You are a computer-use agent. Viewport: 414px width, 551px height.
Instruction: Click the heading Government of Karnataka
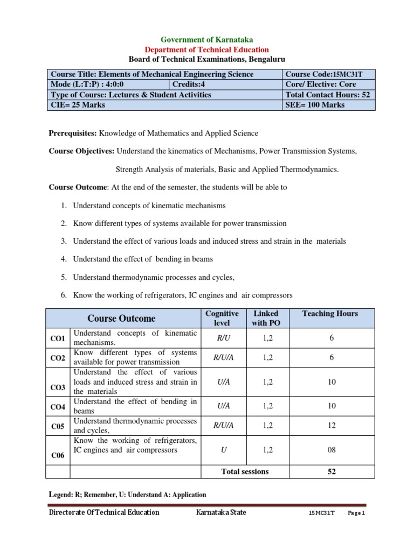pyautogui.click(x=207, y=40)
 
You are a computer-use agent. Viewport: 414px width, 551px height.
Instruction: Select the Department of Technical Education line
pyautogui.click(x=207, y=50)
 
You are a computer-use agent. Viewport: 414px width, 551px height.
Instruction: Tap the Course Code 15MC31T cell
pyautogui.click(x=328, y=74)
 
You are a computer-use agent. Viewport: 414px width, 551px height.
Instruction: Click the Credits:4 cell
pyautogui.click(x=225, y=84)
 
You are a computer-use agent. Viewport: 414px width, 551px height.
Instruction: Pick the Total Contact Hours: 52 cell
pyautogui.click(x=328, y=95)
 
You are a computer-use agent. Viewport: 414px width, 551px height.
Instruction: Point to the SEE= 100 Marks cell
pyautogui.click(x=328, y=105)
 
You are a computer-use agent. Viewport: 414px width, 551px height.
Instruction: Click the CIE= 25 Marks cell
pyautogui.click(x=164, y=105)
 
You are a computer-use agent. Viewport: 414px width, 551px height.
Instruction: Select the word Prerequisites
pyautogui.click(x=72, y=133)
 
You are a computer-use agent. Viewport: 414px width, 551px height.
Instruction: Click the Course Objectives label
pyautogui.click(x=82, y=152)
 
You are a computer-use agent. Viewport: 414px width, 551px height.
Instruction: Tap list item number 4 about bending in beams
pyautogui.click(x=142, y=259)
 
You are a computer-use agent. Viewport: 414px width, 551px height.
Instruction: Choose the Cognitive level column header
pyautogui.click(x=222, y=318)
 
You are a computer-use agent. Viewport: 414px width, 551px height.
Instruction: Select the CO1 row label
pyautogui.click(x=58, y=338)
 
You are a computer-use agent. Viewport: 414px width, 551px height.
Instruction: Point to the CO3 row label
pyautogui.click(x=58, y=387)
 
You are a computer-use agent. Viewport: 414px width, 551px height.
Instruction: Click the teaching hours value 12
pyautogui.click(x=332, y=426)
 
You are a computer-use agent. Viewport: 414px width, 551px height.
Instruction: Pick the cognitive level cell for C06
pyautogui.click(x=223, y=450)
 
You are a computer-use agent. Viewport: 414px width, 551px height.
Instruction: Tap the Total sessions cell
pyautogui.click(x=245, y=471)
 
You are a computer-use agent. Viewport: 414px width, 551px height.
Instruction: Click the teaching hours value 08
pyautogui.click(x=332, y=450)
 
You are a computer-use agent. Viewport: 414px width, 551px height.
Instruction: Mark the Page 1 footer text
pyautogui.click(x=356, y=513)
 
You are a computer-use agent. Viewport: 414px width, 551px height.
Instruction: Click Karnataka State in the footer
pyautogui.click(x=221, y=512)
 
